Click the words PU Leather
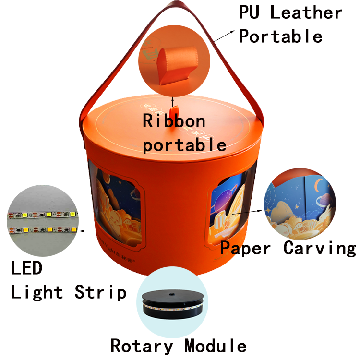point(290,13)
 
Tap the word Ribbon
point(174,120)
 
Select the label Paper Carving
point(288,248)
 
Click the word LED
point(27,268)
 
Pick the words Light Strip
point(69,292)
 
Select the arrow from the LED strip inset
point(92,231)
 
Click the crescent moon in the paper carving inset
point(318,185)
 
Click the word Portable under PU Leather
point(281,36)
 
